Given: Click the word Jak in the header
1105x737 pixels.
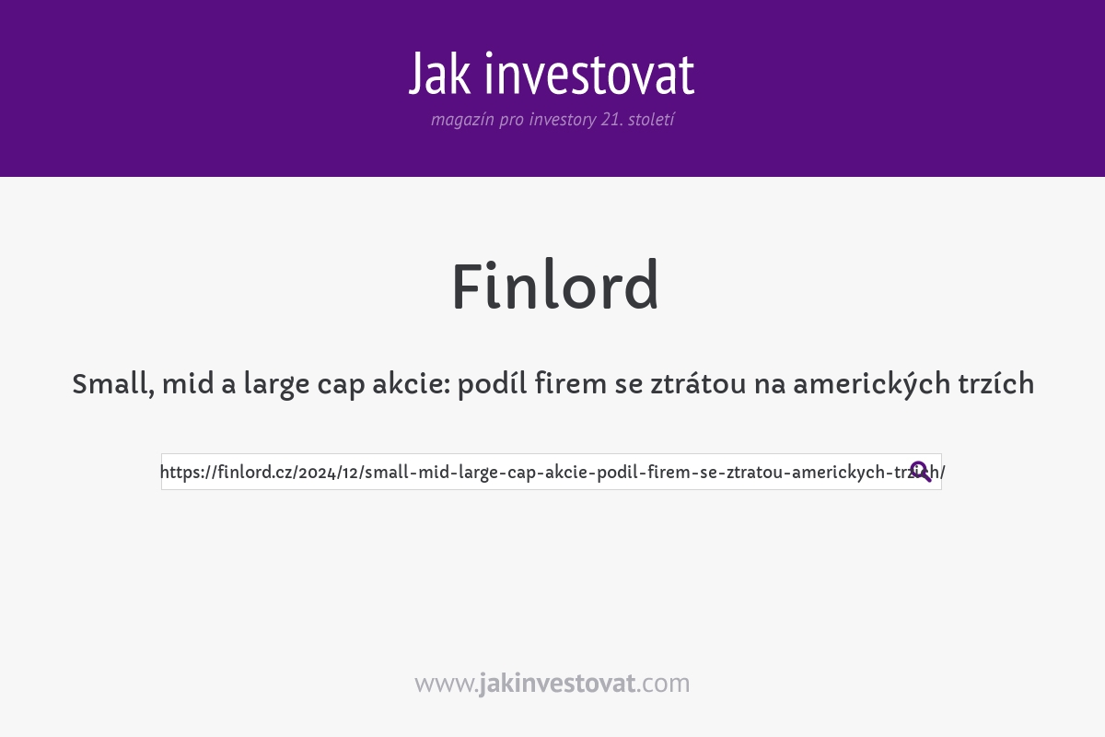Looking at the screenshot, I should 442,75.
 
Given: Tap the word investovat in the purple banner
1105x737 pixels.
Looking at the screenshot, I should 589,75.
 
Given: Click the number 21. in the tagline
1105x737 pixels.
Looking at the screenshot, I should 611,120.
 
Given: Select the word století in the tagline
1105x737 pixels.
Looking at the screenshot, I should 651,120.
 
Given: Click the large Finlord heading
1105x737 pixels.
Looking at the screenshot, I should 554,287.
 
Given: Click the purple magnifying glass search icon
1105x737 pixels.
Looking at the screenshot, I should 920,472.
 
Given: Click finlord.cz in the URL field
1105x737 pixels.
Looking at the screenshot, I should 251,473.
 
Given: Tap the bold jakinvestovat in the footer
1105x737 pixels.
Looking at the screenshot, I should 557,684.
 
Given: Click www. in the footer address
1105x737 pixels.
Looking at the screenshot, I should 446,684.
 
